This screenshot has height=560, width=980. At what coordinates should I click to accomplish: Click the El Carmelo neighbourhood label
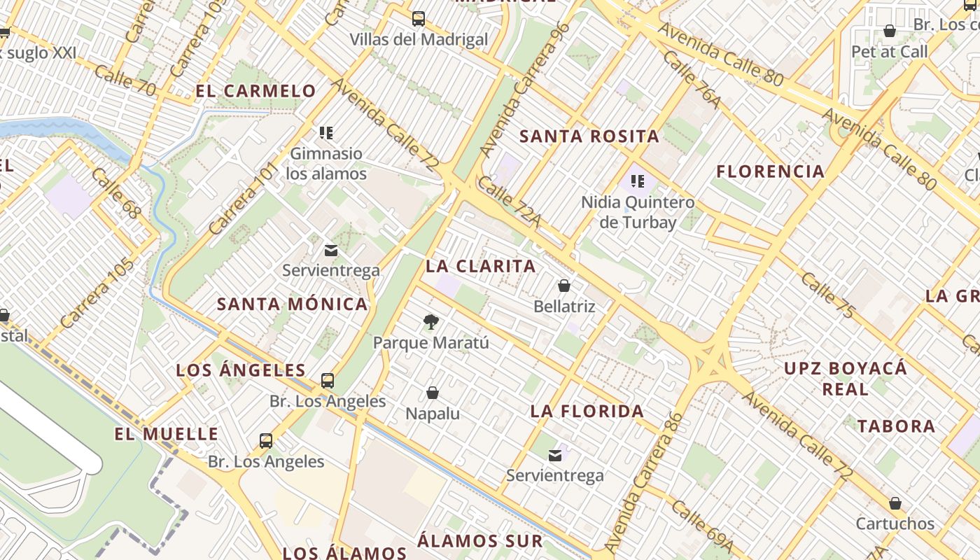point(255,91)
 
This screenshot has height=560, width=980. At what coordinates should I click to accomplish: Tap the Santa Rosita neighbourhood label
point(589,136)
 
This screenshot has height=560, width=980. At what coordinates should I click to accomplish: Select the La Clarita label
point(481,266)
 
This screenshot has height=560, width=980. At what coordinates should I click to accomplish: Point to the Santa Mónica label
point(292,304)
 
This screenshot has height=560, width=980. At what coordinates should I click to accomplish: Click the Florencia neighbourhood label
point(771,171)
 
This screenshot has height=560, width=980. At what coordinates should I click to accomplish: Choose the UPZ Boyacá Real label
point(845,378)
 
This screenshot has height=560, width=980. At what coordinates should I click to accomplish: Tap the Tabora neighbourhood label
point(896,426)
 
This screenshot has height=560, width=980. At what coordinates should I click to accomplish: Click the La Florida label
point(587,411)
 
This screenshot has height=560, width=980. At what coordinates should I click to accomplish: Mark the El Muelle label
point(167,434)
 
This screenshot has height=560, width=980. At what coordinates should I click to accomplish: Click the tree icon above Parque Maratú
point(431,322)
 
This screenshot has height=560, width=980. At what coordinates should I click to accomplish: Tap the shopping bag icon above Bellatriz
point(564,286)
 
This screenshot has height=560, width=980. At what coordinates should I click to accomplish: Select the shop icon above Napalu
point(433,393)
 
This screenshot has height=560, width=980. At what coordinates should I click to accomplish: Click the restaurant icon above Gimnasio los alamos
point(326,132)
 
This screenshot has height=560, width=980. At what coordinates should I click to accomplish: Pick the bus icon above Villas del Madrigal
point(419,19)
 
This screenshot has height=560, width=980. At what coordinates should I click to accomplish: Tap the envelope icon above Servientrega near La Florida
point(555,456)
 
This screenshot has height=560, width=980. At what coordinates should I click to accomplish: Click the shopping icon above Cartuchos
point(895,503)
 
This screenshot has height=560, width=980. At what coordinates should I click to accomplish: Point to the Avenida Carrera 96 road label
point(524,90)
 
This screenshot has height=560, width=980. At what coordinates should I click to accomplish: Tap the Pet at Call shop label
point(889,52)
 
